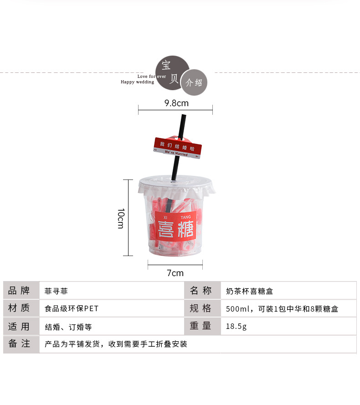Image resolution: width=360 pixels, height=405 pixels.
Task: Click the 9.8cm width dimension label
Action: [x=176, y=103]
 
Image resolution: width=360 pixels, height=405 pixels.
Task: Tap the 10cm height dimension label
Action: [x=121, y=218]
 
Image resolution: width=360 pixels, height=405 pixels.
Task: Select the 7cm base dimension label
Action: [x=175, y=273]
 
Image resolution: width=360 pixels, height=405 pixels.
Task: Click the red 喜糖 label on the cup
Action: [x=175, y=226]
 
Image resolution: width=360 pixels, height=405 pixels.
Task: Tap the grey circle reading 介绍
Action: [x=194, y=83]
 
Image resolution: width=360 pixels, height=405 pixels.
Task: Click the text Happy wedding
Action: [x=137, y=82]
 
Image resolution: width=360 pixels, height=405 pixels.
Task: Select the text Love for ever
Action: [x=151, y=77]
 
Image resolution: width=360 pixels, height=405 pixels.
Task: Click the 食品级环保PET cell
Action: [x=72, y=308]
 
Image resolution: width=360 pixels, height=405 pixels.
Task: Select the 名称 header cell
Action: [x=201, y=291]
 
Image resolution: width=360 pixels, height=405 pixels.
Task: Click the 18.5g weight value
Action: [x=236, y=326]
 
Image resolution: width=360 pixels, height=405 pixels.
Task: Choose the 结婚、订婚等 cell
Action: [x=68, y=326]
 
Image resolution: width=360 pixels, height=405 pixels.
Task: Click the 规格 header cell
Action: [x=201, y=308]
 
